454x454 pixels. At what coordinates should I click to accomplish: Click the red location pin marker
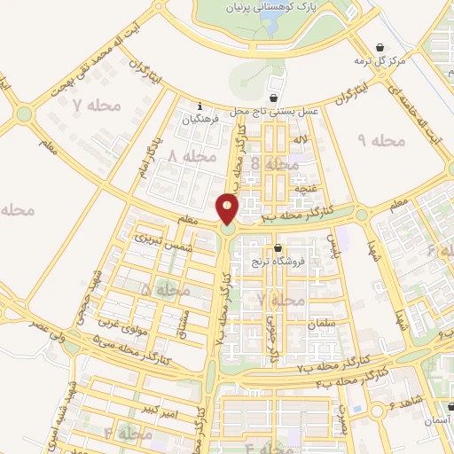click(x=228, y=209)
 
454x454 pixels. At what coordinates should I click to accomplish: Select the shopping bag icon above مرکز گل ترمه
click(x=380, y=47)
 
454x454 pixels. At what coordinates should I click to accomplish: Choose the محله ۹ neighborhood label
click(x=381, y=140)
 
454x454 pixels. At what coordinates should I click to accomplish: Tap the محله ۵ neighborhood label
click(x=165, y=290)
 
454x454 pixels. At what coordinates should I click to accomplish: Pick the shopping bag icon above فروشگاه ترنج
click(x=278, y=248)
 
